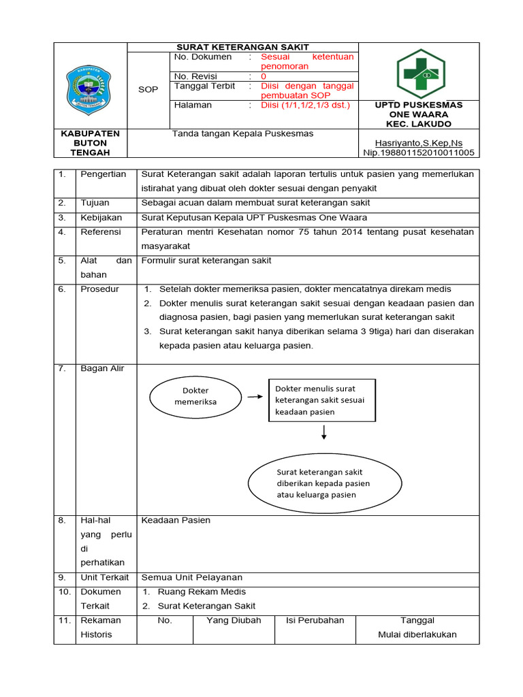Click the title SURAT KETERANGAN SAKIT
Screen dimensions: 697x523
pos(242,47)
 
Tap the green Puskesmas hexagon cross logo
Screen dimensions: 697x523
pos(421,74)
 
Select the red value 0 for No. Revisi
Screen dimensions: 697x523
pos(264,77)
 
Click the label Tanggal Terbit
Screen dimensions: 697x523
pos(204,86)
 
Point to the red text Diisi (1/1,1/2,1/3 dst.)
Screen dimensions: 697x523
pos(305,106)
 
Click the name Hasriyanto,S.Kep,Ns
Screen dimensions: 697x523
pos(419,144)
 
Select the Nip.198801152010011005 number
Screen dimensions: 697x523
pos(419,153)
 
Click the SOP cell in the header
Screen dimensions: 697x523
pos(148,89)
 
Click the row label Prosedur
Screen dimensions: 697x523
pos(99,289)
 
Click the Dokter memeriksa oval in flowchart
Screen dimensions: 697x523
pos(195,396)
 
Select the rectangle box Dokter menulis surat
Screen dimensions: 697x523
pos(321,400)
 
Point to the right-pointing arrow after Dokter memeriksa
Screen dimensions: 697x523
pos(255,396)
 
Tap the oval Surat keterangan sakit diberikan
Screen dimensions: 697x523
pos(323,483)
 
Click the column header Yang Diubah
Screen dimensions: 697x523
pos(234,620)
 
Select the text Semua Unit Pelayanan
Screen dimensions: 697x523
pos(183,577)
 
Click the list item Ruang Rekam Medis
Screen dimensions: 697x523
pos(202,591)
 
